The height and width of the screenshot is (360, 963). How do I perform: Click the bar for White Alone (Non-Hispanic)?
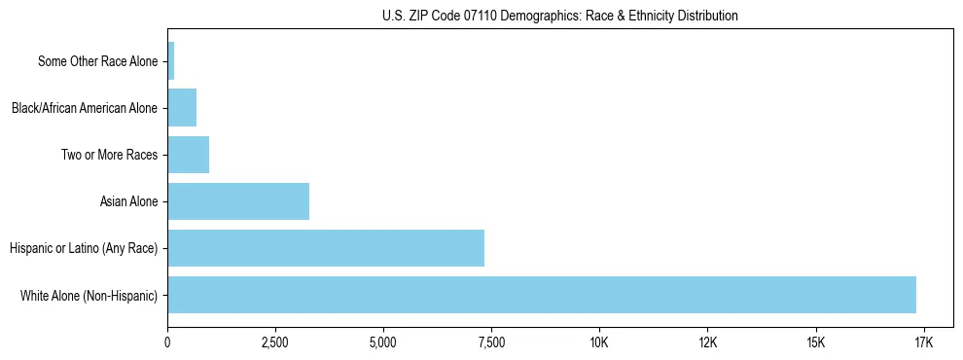[x=542, y=295]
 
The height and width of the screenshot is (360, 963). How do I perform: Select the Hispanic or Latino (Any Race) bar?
[x=326, y=248]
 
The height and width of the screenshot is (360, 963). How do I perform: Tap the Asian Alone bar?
[x=238, y=201]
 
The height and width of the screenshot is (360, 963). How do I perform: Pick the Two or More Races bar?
[x=189, y=155]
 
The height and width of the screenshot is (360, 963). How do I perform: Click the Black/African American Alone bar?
[x=182, y=108]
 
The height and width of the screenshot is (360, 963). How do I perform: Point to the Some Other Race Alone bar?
[x=171, y=61]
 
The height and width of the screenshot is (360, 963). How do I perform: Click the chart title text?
[x=560, y=17]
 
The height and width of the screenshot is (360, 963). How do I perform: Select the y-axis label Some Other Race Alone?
[x=97, y=61]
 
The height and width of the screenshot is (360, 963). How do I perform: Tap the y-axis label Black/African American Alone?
[x=84, y=108]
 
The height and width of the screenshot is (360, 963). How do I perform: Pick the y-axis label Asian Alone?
[x=128, y=201]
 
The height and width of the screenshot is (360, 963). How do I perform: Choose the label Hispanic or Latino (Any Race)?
[x=83, y=248]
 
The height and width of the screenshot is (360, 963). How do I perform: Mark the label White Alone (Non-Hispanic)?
[x=89, y=295]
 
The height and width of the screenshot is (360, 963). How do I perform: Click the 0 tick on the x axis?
[x=168, y=342]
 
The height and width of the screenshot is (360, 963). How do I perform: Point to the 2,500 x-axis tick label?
[x=275, y=342]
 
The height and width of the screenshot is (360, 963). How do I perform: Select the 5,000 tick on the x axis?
[x=383, y=342]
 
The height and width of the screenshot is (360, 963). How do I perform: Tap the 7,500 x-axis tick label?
[x=491, y=342]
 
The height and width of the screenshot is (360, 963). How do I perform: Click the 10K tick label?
[x=599, y=342]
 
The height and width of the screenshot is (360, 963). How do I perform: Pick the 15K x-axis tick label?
[x=815, y=342]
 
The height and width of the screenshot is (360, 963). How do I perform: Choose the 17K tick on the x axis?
[x=923, y=342]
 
